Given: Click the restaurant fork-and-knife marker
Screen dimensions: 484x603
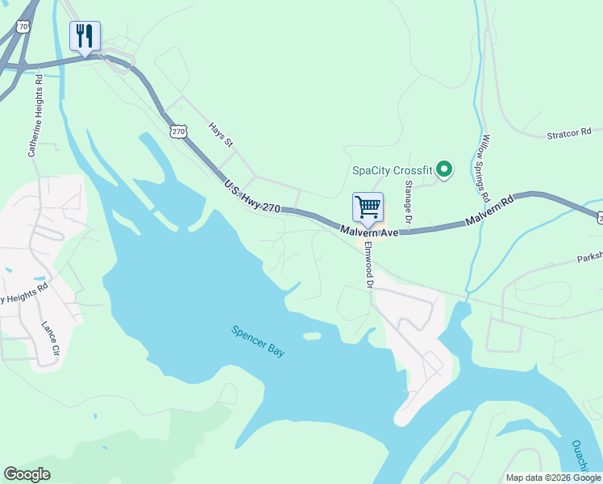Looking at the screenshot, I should click(x=85, y=36).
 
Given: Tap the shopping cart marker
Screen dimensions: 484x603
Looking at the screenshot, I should click(x=368, y=207).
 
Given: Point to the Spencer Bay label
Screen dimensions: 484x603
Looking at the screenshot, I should click(x=258, y=341).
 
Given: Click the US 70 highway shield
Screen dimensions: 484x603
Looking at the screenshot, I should click(x=23, y=27).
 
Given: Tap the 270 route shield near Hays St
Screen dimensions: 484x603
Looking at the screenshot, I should click(x=178, y=130).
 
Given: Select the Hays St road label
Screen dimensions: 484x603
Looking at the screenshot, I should click(x=220, y=135).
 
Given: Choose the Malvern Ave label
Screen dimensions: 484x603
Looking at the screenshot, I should click(x=369, y=232).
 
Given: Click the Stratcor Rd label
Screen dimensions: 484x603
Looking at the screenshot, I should click(x=569, y=132).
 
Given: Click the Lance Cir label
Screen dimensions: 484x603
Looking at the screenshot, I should click(x=50, y=338).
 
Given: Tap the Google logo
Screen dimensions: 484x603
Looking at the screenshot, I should click(x=27, y=474).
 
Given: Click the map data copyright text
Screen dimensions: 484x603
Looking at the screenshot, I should click(x=553, y=478).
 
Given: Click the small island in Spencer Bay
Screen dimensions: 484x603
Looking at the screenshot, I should click(x=313, y=336).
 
